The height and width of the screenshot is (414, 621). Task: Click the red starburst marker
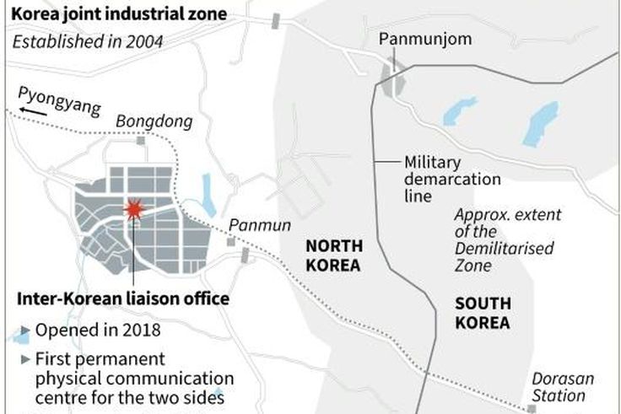point(133,210)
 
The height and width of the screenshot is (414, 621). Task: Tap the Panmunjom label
point(413,39)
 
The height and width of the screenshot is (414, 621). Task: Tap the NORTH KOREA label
point(333,255)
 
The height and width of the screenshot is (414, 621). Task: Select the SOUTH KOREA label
point(483,312)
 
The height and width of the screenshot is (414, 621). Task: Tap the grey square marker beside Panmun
point(229,242)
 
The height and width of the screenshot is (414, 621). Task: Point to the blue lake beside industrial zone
point(207,196)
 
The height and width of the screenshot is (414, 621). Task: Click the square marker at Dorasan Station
point(529,409)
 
